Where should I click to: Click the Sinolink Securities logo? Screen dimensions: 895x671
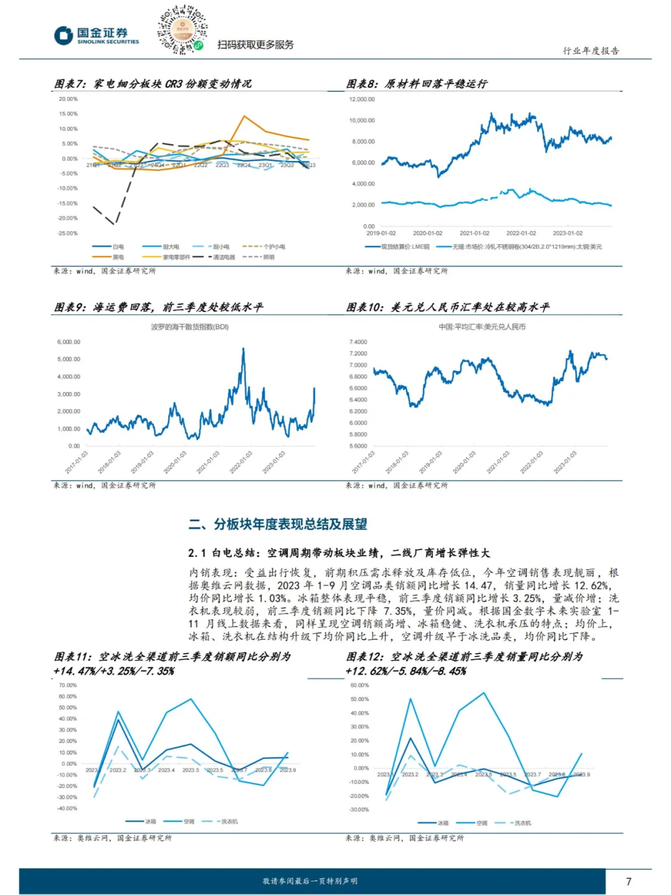[x=96, y=35]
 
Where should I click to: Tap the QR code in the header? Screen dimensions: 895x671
[x=181, y=30]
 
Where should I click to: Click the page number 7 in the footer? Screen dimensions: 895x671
[x=628, y=881]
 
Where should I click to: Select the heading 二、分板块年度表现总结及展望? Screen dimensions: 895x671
[x=278, y=524]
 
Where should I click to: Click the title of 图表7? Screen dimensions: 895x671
[x=153, y=84]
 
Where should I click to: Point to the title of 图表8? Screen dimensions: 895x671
[x=416, y=84]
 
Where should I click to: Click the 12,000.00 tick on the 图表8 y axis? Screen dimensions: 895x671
[x=362, y=99]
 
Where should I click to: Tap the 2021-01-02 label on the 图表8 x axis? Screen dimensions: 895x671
[x=474, y=234]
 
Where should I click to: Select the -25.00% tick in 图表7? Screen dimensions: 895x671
[x=68, y=233]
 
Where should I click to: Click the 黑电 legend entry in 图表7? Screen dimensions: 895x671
[x=117, y=257]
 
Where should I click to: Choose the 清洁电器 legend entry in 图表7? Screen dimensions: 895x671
[x=224, y=257]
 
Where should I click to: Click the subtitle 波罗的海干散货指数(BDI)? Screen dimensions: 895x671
[x=189, y=327]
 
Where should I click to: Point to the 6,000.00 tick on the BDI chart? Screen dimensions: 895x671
[x=68, y=342]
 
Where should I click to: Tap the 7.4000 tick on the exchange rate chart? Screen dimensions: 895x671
[x=358, y=342]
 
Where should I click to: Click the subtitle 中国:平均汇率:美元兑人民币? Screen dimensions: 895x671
[x=482, y=327]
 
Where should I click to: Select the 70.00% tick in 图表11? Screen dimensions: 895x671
[x=68, y=686]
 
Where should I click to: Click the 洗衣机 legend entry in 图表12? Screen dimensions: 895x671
[x=522, y=823]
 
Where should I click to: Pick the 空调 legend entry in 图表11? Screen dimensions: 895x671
[x=189, y=822]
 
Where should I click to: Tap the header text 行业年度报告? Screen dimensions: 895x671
[x=591, y=51]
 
